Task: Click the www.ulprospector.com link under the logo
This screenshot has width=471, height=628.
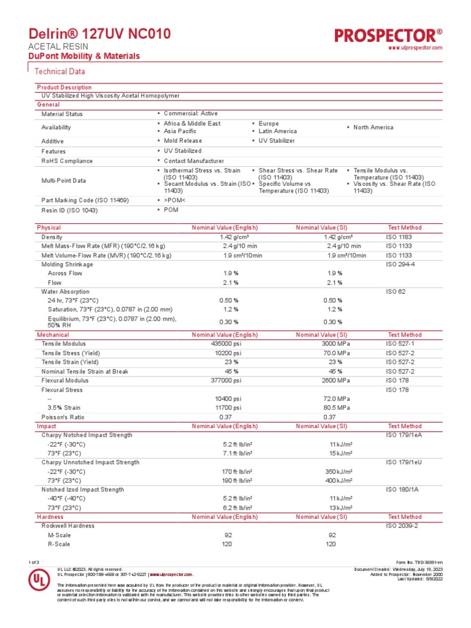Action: point(416,48)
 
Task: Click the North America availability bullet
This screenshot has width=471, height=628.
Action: point(373,128)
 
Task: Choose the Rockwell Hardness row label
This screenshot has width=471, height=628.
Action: point(69,526)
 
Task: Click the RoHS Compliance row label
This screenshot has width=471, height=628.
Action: point(67,161)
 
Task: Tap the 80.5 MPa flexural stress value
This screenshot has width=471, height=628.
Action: point(337,408)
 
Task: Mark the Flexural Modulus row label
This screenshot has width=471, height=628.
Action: point(66,380)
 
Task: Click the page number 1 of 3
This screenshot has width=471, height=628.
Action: point(34,562)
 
